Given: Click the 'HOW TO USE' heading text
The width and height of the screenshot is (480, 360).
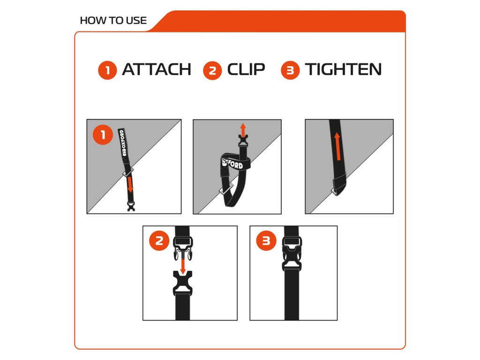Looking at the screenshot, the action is click(113, 21).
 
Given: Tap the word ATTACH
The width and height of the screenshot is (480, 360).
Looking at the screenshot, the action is click(157, 69).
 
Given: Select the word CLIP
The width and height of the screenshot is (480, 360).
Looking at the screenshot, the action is click(246, 69).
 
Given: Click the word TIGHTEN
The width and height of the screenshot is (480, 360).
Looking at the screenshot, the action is click(343, 69).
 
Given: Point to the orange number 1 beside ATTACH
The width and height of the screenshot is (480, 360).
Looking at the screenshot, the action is click(107, 70).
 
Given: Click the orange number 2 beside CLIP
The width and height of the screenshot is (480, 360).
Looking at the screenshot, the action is click(212, 71).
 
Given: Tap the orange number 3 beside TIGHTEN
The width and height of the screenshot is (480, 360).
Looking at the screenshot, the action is click(290, 70).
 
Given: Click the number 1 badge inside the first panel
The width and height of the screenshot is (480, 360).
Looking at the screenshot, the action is click(103, 135).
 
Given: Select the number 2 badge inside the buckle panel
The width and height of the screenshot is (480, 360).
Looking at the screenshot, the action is click(159, 240).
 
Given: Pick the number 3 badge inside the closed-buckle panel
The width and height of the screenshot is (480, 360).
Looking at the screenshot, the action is click(266, 240).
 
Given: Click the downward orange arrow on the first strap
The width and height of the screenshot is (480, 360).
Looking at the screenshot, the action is click(130, 185).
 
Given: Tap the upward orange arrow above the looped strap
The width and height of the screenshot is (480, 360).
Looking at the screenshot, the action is click(243, 130).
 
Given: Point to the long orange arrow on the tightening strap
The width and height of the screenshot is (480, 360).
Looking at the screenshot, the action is click(337, 147).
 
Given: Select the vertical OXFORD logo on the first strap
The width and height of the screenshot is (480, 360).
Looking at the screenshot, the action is click(122, 142).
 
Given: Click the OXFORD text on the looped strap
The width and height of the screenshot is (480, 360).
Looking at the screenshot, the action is click(233, 164).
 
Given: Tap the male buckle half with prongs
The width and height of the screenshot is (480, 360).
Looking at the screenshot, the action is click(183, 248).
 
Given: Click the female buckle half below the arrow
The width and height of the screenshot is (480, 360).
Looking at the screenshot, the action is click(182, 283).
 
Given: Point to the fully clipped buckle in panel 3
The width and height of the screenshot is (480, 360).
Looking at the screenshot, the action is click(292, 254).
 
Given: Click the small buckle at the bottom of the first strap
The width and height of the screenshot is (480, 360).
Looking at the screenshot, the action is click(131, 206).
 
